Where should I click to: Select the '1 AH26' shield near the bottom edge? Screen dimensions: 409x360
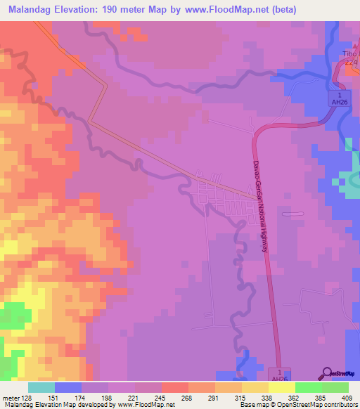click(x=280, y=376)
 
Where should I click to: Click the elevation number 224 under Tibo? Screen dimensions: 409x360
click(x=352, y=63)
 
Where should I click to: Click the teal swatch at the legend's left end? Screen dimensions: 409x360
click(x=41, y=387)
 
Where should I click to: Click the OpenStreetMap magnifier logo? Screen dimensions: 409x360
click(x=327, y=374)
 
